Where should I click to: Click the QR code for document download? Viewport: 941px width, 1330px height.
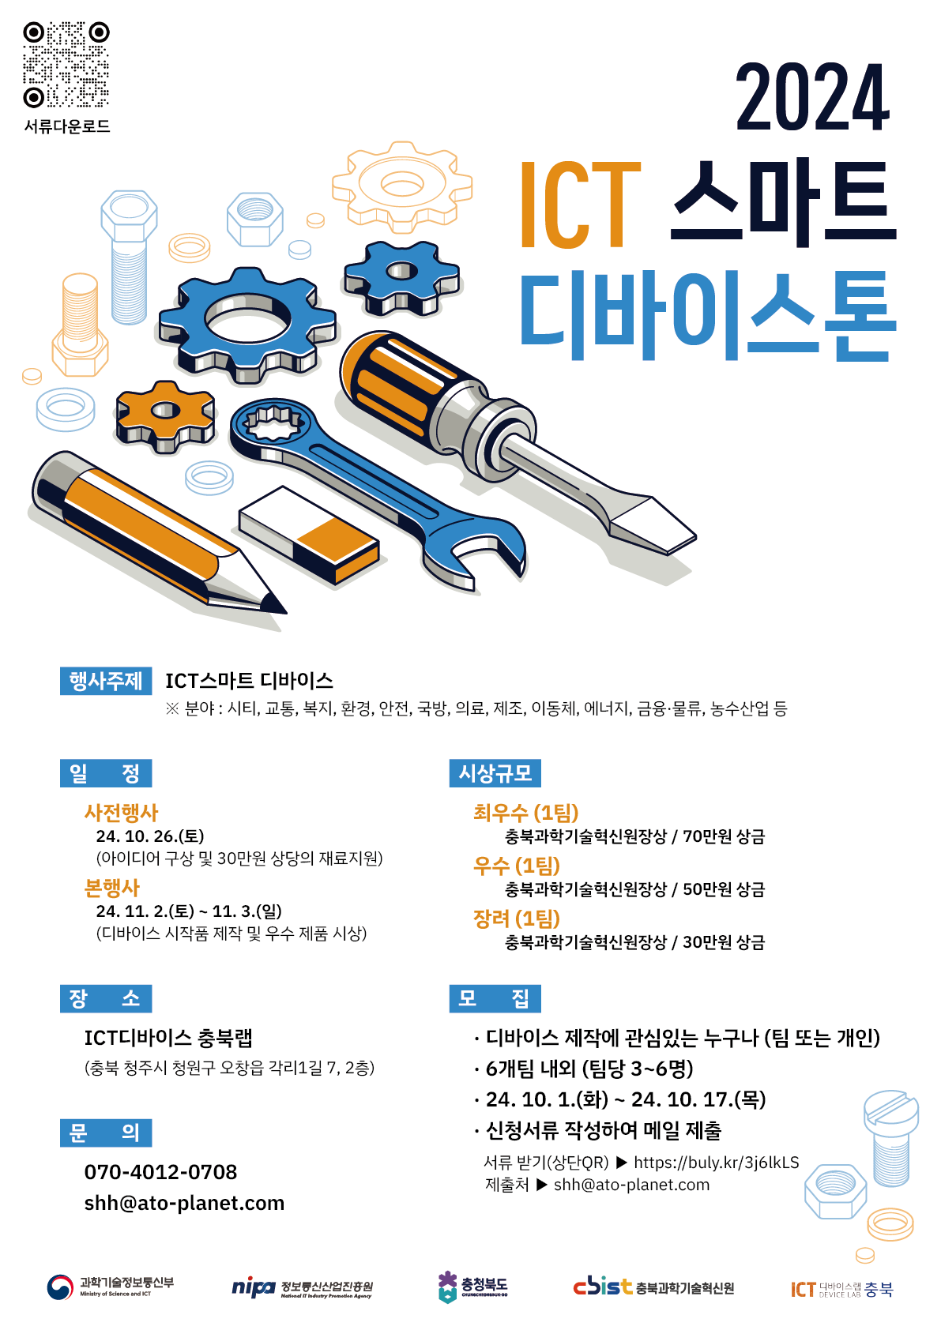[x=66, y=65]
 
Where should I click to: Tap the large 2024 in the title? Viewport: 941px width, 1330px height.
[x=813, y=97]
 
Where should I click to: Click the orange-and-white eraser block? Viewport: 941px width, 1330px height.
[x=309, y=535]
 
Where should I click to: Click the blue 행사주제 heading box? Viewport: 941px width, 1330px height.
[x=106, y=681]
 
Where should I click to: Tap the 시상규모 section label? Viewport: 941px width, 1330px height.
[x=495, y=773]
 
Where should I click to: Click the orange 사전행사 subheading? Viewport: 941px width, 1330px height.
[x=121, y=812]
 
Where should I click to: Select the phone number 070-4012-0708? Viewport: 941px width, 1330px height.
[x=160, y=1172]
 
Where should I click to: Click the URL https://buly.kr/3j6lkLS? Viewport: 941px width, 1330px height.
[x=717, y=1163]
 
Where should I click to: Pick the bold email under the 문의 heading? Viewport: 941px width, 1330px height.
[x=184, y=1203]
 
